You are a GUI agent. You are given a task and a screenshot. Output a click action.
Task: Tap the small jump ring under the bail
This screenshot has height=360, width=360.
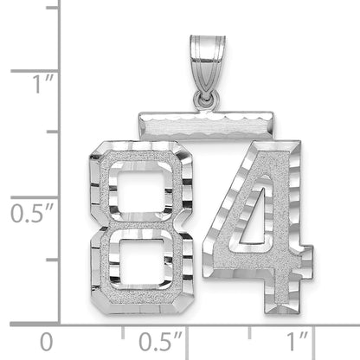tap(206, 100)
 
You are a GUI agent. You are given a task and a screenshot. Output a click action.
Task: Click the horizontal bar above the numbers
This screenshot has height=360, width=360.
tap(206, 125)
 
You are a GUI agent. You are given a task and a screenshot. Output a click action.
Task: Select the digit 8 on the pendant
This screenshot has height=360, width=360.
tap(141, 228)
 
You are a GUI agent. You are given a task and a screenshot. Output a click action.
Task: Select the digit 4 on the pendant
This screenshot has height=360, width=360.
tap(258, 227)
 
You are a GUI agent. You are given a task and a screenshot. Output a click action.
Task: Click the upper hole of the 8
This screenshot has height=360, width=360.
tap(141, 191)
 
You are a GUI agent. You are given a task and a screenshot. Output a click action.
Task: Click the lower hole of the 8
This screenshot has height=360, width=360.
tap(141, 262)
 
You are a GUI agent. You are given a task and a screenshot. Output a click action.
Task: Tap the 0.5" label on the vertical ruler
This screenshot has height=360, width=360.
tap(32, 213)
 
